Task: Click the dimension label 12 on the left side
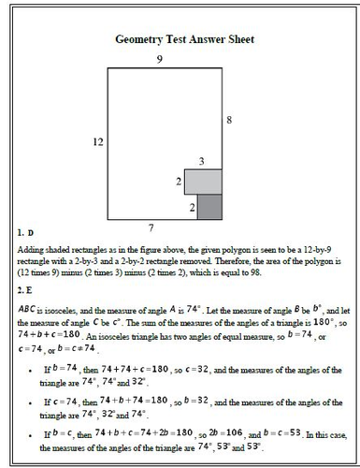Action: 97,141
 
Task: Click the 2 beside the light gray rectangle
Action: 180,181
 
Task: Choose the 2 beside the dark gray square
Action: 193,206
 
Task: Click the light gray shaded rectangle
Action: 204,182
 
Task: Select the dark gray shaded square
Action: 210,206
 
